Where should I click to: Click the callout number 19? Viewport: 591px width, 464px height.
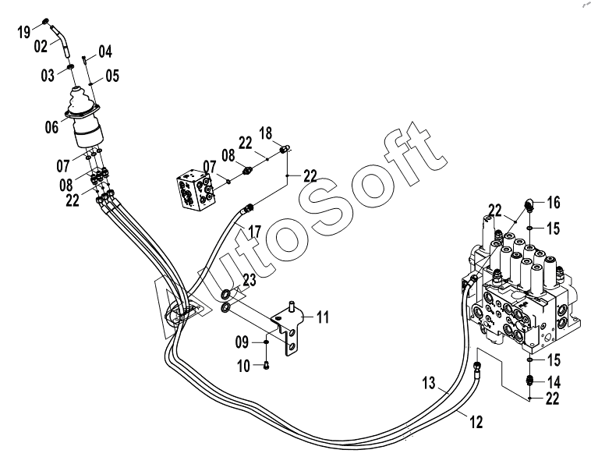[24, 32]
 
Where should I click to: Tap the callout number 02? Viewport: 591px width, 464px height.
[41, 46]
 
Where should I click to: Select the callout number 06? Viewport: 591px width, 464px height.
[52, 126]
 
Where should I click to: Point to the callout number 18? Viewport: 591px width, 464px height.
[266, 133]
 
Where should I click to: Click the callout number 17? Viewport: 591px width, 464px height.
[255, 232]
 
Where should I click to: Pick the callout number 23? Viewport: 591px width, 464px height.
[249, 280]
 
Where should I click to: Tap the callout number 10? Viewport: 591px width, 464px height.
[244, 366]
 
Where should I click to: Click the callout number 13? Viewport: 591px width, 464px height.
[429, 383]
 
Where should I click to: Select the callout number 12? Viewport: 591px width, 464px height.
[476, 422]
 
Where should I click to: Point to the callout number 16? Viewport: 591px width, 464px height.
[554, 203]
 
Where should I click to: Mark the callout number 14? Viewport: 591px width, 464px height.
[554, 383]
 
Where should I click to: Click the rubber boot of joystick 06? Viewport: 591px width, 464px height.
[80, 101]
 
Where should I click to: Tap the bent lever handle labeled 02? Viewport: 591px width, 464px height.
[61, 41]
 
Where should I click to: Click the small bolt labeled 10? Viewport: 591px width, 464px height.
[267, 365]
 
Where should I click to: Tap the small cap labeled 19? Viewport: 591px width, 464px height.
[46, 22]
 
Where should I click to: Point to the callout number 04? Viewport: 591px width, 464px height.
[105, 51]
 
